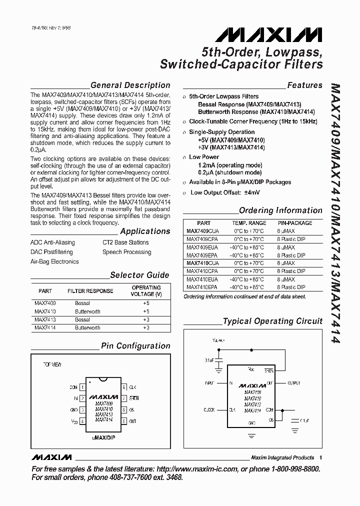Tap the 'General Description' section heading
[130, 85]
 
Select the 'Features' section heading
[304, 85]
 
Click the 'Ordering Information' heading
[280, 210]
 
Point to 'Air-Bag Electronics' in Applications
[54, 261]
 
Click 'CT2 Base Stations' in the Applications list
[125, 242]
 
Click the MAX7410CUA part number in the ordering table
[202, 263]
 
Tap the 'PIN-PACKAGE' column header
[295, 223]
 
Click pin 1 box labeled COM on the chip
[83, 387]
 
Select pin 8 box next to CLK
[123, 387]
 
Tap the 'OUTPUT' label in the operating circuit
[293, 383]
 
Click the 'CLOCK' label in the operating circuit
[208, 410]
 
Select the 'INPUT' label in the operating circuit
[209, 383]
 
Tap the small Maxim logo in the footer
[51, 457]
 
